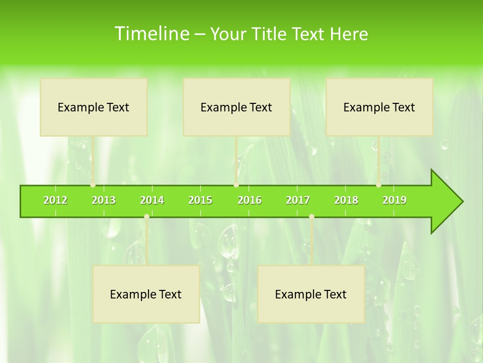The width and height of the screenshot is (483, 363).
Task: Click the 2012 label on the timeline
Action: (55, 200)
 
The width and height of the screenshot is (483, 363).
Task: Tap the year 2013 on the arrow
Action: (104, 200)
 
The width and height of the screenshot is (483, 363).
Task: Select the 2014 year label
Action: (152, 200)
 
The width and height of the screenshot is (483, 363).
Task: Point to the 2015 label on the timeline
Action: (200, 200)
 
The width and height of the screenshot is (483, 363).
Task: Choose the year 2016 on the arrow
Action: (250, 200)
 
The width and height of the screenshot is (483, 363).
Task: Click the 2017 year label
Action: (298, 200)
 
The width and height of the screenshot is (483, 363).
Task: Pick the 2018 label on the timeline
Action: (346, 200)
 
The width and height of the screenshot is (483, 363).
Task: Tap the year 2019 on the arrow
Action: (394, 200)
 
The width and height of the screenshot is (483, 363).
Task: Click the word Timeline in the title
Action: (151, 34)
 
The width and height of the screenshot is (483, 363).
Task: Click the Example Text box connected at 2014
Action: (146, 294)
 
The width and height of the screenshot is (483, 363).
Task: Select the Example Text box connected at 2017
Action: (311, 294)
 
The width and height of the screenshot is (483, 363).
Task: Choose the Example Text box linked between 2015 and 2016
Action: (236, 107)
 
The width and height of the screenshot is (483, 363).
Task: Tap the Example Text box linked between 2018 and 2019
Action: (379, 107)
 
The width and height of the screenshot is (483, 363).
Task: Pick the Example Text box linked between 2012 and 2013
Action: (94, 107)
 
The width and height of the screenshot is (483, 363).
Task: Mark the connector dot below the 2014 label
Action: (146, 216)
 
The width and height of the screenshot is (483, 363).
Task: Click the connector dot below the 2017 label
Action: (311, 216)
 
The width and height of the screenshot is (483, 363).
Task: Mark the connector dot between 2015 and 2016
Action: (236, 185)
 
